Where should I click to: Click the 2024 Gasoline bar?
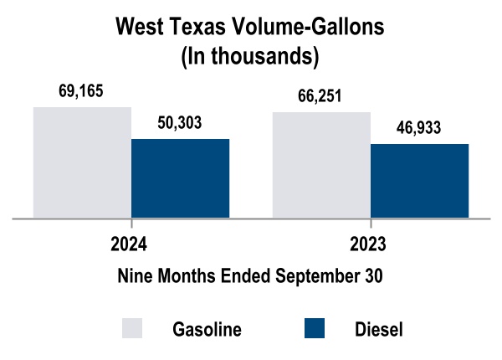[x=82, y=162]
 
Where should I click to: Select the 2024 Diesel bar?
[x=180, y=178]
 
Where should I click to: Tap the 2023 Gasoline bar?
[x=321, y=165]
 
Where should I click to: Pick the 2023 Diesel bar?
[x=419, y=181]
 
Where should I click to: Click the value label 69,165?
[x=81, y=91]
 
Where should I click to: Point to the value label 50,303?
[x=180, y=123]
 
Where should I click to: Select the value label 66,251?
[x=321, y=96]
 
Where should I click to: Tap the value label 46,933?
[x=418, y=128]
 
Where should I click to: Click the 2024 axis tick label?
[x=130, y=244]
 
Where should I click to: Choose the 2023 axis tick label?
[x=369, y=244]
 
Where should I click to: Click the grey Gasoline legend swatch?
[x=133, y=328]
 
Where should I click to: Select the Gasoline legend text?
[x=207, y=329]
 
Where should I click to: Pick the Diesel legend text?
[x=379, y=329]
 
